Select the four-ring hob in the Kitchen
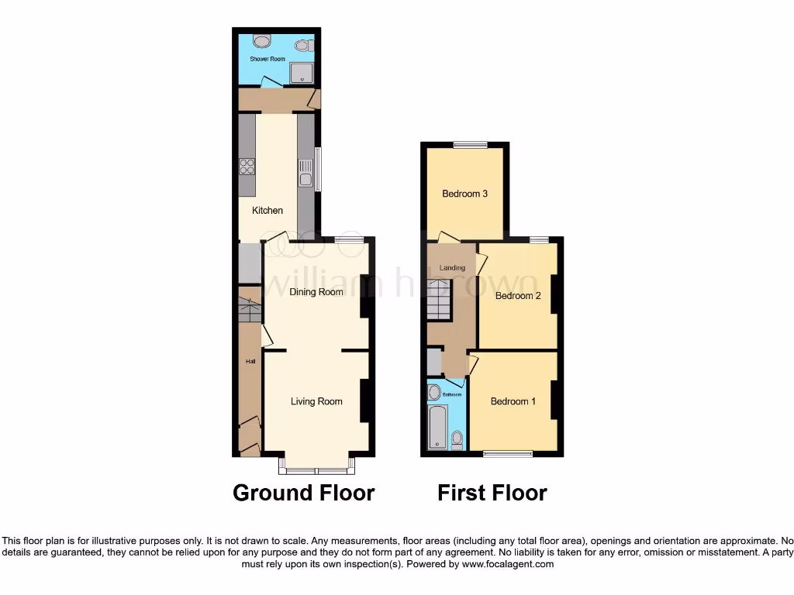[247, 166]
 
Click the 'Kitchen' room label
[268, 211]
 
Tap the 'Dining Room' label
[316, 292]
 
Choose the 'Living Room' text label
[316, 401]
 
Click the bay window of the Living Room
[317, 467]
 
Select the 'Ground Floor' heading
[304, 493]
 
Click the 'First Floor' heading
[492, 493]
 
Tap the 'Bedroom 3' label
[464, 194]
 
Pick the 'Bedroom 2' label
[517, 296]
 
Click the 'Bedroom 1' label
[513, 401]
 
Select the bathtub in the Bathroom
[438, 426]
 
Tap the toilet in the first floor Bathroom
[457, 440]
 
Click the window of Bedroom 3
[471, 144]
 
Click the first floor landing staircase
[439, 300]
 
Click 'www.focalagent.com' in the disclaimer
[508, 565]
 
